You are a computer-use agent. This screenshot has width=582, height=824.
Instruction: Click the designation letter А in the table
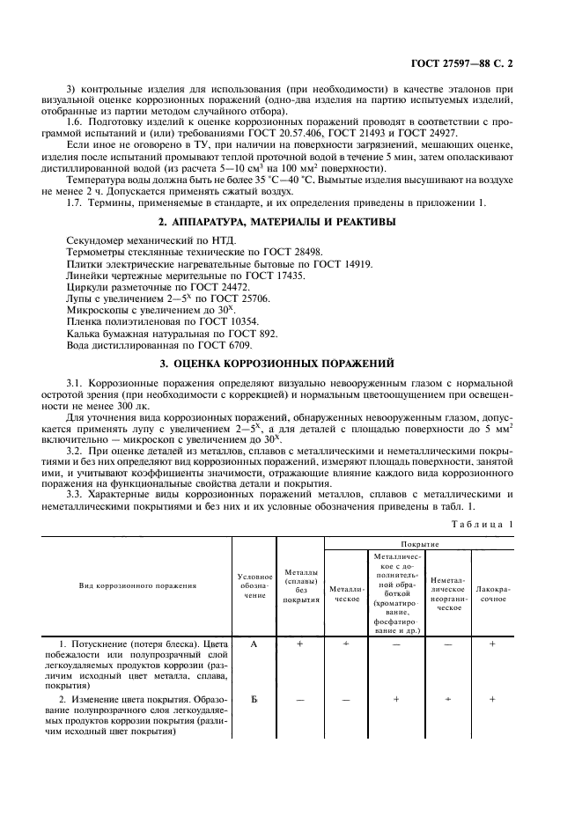pos(254,644)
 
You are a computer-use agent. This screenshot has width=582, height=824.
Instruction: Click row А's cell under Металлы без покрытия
pos(299,644)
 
